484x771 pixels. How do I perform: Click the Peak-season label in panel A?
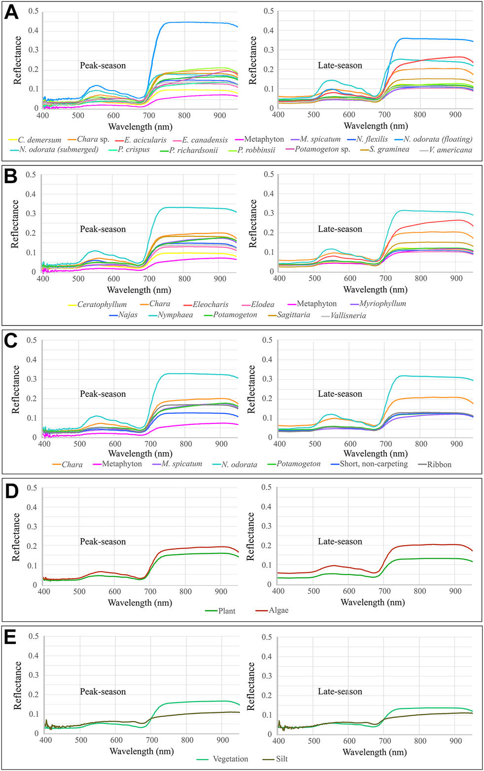pos(103,65)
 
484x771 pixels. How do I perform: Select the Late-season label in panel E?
pos(340,691)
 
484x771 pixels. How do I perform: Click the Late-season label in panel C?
pos(340,394)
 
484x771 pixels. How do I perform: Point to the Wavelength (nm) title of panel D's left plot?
pos(140,603)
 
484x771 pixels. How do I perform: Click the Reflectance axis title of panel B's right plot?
pos(253,224)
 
